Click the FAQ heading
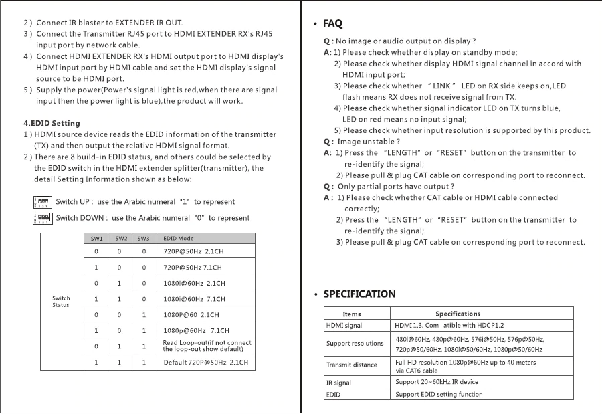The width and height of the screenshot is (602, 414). pyautogui.click(x=332, y=24)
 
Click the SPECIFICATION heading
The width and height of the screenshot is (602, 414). pyautogui.click(x=359, y=294)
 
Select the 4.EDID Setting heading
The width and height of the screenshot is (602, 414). pyautogui.click(x=52, y=123)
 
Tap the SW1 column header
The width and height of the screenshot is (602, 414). pyautogui.click(x=96, y=239)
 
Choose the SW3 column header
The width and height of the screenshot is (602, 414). pyautogui.click(x=143, y=239)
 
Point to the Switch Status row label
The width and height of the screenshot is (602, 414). pyautogui.click(x=61, y=302)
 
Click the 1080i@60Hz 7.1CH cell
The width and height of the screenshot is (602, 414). pyautogui.click(x=194, y=299)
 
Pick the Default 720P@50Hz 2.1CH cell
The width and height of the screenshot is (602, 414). pyautogui.click(x=205, y=363)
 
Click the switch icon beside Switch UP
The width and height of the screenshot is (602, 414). pyautogui.click(x=42, y=201)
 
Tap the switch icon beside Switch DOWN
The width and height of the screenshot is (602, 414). pyautogui.click(x=42, y=217)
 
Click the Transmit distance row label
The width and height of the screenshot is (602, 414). pyautogui.click(x=351, y=365)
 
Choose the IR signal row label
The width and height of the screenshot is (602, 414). pyautogui.click(x=338, y=383)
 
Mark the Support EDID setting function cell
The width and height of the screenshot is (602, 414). pyautogui.click(x=439, y=395)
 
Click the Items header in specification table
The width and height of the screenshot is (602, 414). pyautogui.click(x=352, y=314)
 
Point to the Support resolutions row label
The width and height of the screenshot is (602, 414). pyautogui.click(x=355, y=344)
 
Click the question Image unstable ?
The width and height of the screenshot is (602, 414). pyautogui.click(x=368, y=142)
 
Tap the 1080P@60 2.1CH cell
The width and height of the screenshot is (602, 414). pyautogui.click(x=191, y=314)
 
